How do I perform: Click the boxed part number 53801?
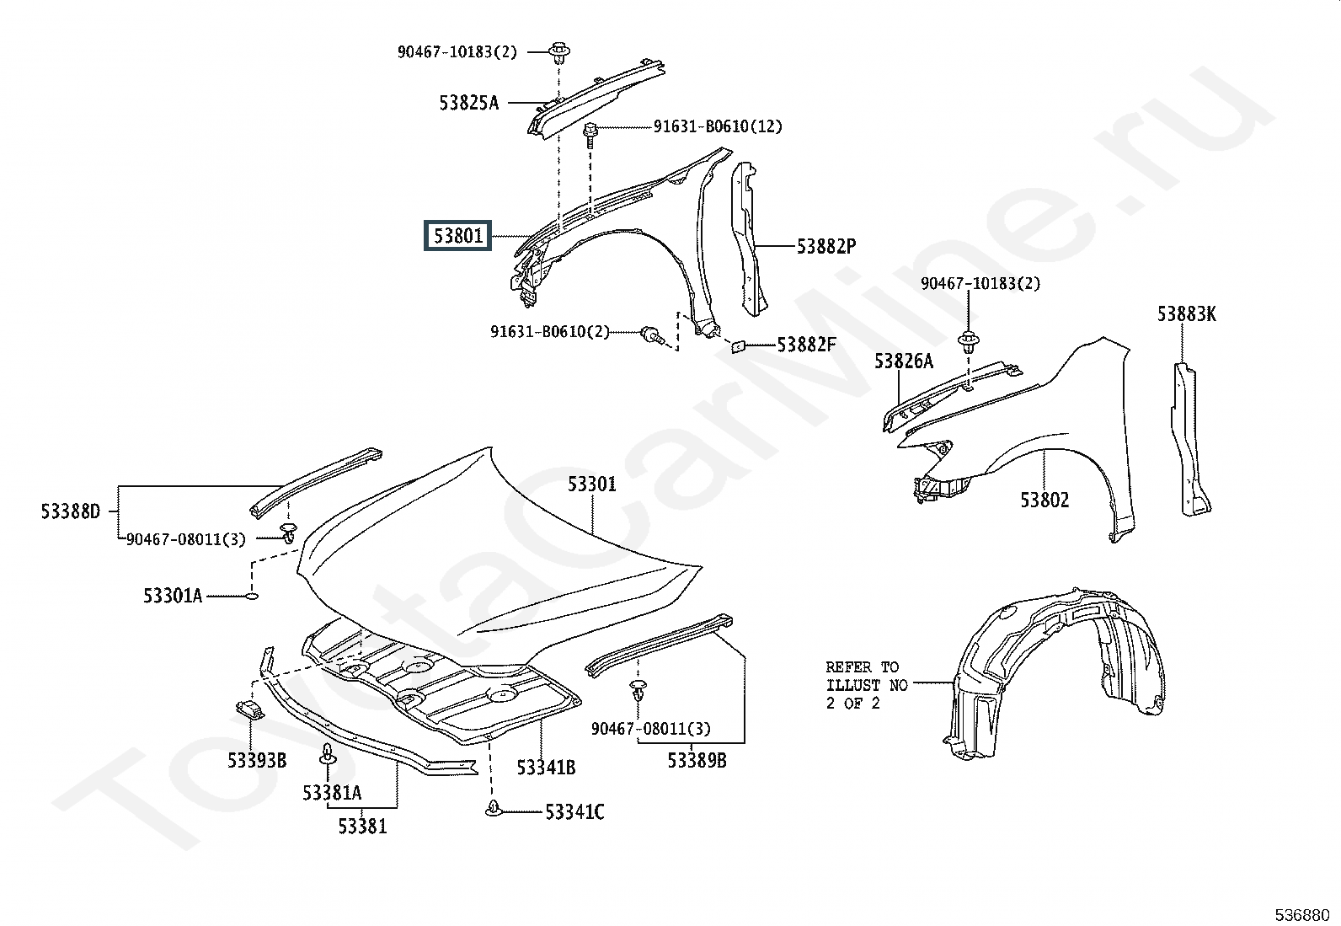(x=457, y=235)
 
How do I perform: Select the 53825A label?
(x=468, y=103)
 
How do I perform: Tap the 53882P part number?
(x=826, y=246)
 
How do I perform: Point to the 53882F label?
(x=806, y=345)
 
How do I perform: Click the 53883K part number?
(x=1187, y=313)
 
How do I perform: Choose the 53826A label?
(x=903, y=361)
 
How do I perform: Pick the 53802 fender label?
(x=1044, y=500)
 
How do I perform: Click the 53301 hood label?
(x=592, y=484)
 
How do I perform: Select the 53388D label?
(x=71, y=511)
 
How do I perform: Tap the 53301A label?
(x=173, y=596)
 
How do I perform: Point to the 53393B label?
(x=257, y=760)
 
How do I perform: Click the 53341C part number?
(x=574, y=812)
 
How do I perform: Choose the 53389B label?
(x=697, y=760)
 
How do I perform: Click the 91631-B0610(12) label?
(x=718, y=126)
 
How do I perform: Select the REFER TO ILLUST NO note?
(x=867, y=685)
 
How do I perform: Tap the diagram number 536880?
(x=1302, y=914)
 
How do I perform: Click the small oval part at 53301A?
(x=252, y=596)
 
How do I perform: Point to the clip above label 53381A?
(x=328, y=754)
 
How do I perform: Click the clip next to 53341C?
(x=493, y=808)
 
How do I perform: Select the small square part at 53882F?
(x=739, y=346)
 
